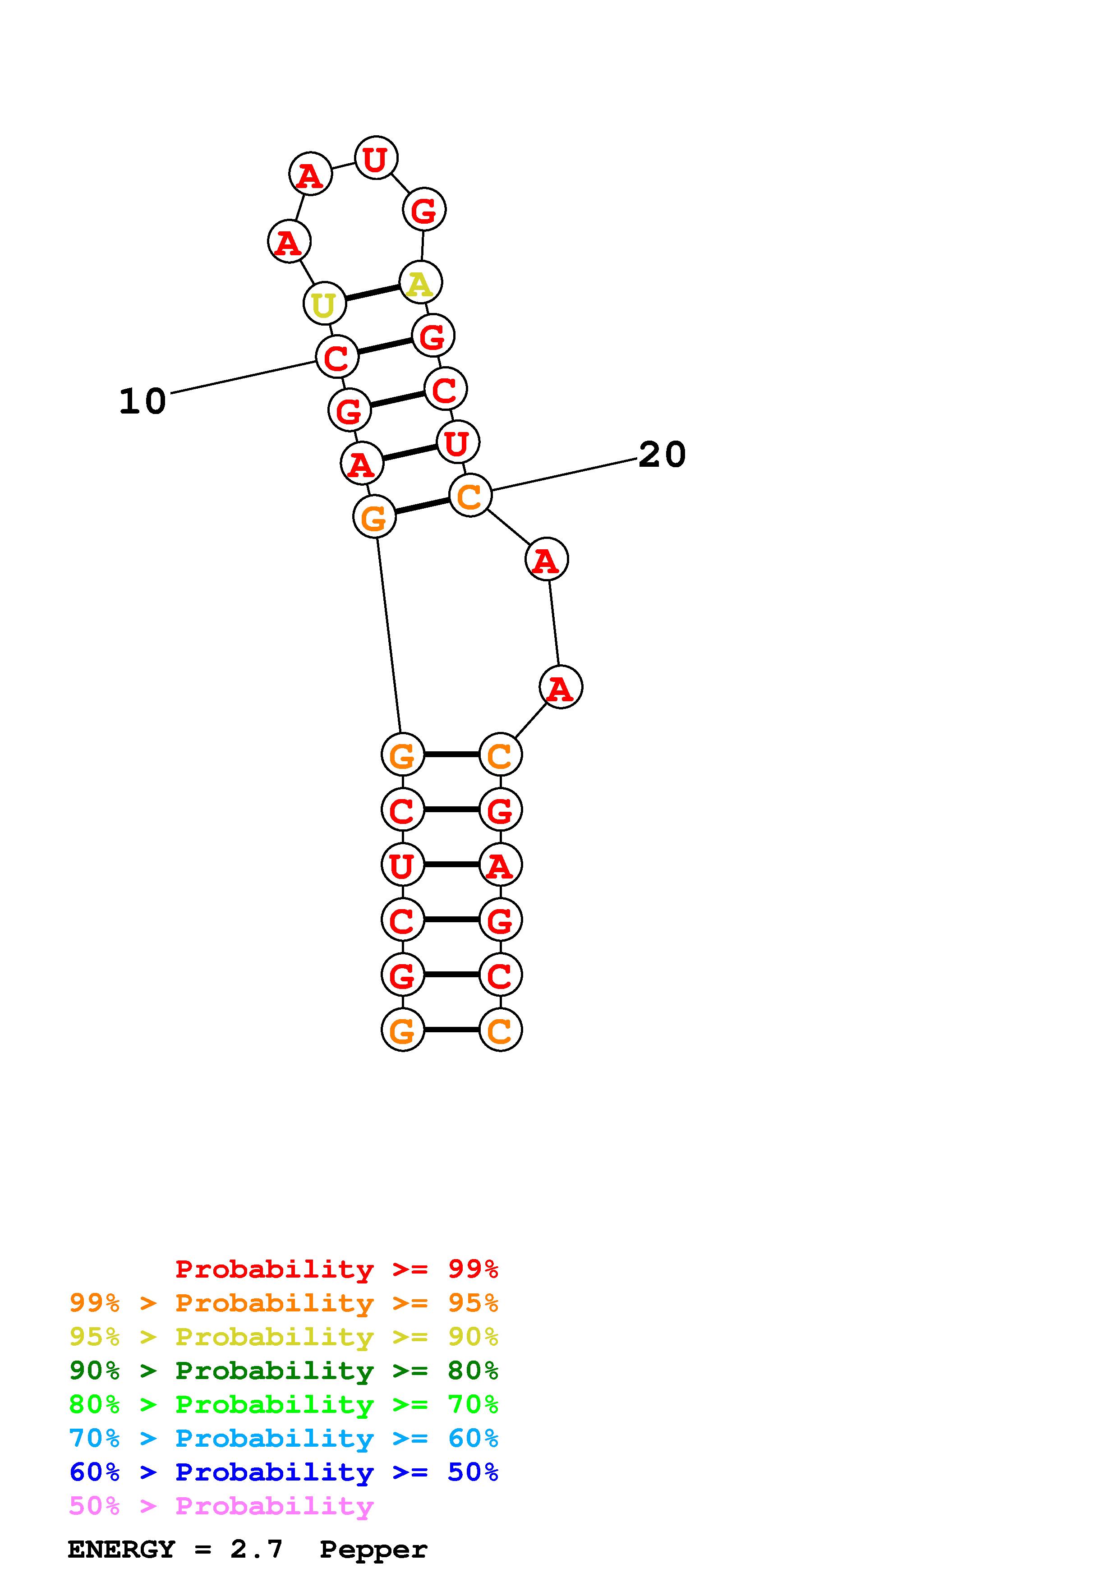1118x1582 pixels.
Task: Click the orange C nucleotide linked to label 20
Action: pyautogui.click(x=470, y=496)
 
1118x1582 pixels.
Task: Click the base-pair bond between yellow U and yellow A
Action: pyautogui.click(x=373, y=293)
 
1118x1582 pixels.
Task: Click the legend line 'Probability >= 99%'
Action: pyautogui.click(x=337, y=1269)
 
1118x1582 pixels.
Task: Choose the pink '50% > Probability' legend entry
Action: pyautogui.click(x=222, y=1506)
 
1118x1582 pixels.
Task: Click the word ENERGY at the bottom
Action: pyautogui.click(x=121, y=1550)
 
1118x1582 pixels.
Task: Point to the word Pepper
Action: pyautogui.click(x=373, y=1550)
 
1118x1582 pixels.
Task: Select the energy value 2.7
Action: pyautogui.click(x=256, y=1550)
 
